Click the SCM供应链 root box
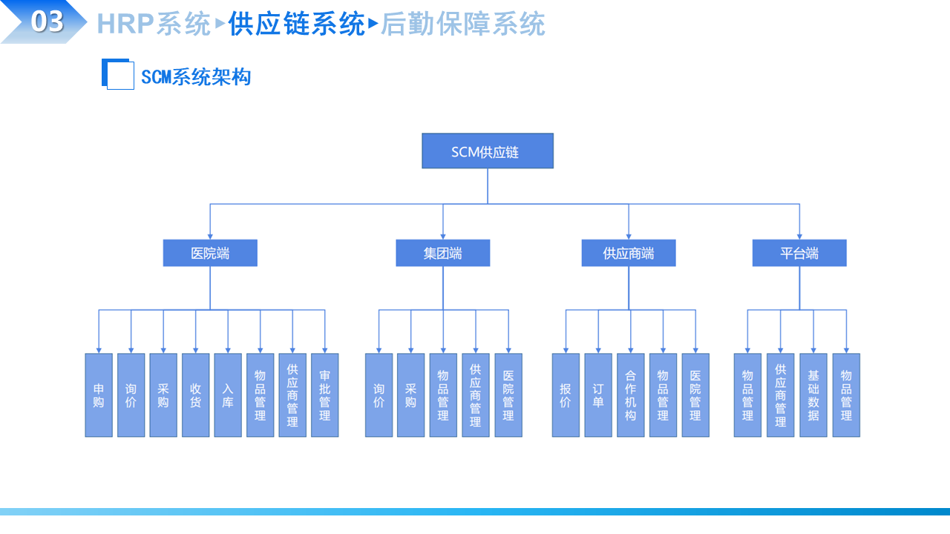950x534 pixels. point(487,151)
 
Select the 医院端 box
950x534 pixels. point(210,253)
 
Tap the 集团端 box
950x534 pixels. point(442,253)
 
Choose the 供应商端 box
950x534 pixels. point(629,253)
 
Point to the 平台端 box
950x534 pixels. point(799,253)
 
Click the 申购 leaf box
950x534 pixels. point(99,395)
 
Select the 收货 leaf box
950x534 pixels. point(196,395)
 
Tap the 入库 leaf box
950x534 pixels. point(228,395)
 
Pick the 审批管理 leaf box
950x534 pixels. point(325,395)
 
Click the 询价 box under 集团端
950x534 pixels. point(379,395)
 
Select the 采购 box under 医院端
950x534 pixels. point(163,395)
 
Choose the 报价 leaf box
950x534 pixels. point(566,395)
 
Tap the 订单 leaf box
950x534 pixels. point(598,395)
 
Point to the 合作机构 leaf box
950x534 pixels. point(631,395)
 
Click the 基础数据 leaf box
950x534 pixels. point(813,395)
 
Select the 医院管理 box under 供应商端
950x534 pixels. point(695,395)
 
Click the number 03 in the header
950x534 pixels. point(46,22)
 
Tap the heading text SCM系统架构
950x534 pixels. point(196,76)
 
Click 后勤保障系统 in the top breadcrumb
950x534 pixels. point(462,24)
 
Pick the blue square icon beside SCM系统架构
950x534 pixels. point(118,74)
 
